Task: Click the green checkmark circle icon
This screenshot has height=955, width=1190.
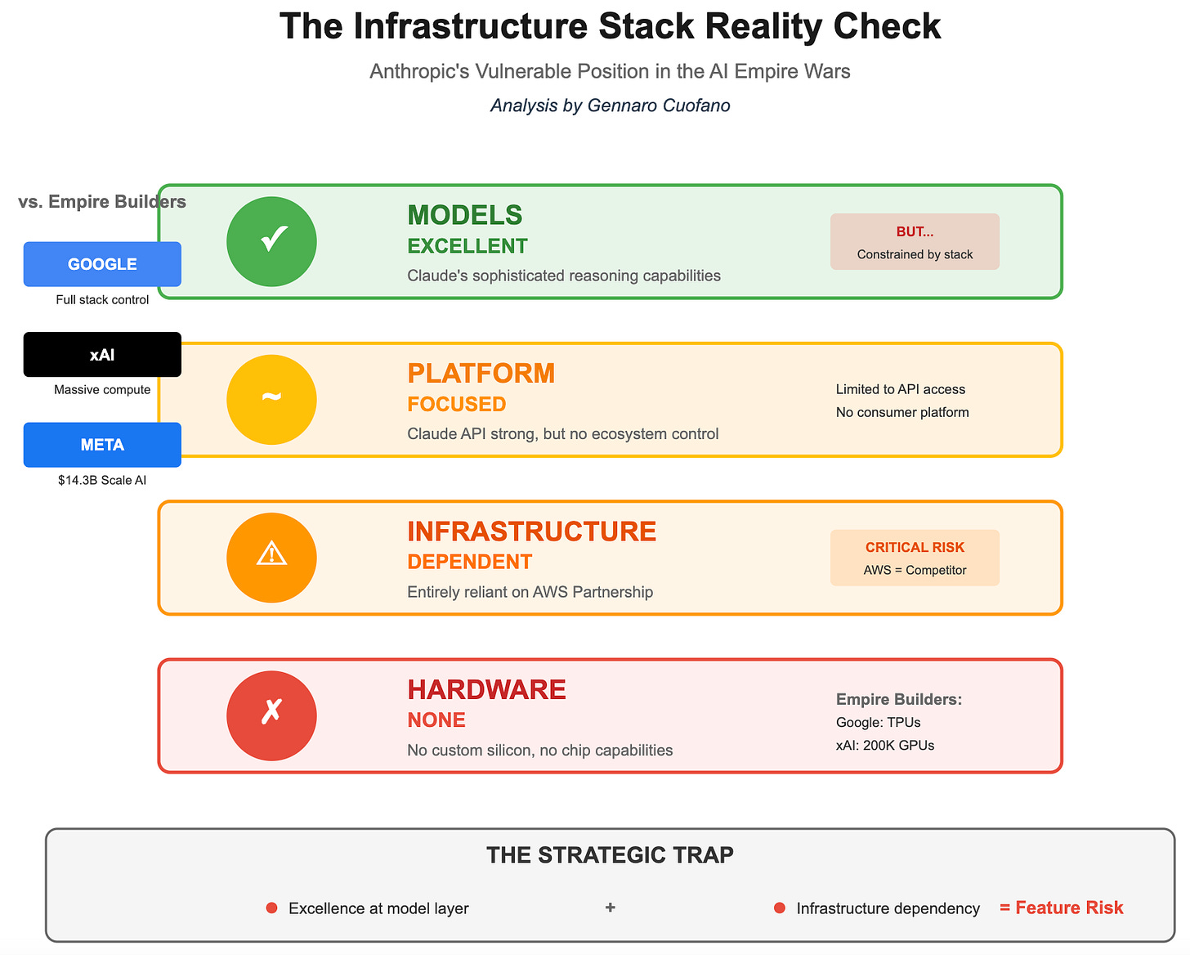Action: [x=271, y=241]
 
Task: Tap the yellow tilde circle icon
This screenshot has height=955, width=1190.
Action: [x=271, y=399]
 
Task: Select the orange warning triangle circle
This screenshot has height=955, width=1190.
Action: [x=271, y=557]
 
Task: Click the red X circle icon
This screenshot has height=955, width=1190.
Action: [x=271, y=715]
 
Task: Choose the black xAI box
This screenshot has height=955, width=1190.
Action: [x=102, y=354]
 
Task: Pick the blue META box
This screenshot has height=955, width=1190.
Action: [x=102, y=445]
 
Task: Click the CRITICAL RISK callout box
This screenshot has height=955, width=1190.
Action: [x=915, y=558]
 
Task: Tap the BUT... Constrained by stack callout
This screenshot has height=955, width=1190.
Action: [x=915, y=241]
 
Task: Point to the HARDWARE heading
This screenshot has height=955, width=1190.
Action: [x=486, y=689]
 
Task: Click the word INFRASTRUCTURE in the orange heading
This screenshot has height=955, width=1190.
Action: [x=531, y=531]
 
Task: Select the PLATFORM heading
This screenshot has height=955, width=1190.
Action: [x=481, y=373]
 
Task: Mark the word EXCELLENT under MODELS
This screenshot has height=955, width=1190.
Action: [x=467, y=246]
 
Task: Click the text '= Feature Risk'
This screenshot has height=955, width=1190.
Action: [x=1061, y=908]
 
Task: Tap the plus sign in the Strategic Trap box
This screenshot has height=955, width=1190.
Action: [x=610, y=908]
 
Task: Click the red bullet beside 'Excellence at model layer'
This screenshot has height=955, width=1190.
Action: [x=272, y=908]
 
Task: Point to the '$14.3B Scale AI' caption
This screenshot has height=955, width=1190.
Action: [x=102, y=480]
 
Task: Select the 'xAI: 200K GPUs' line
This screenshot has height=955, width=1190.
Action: [x=885, y=745]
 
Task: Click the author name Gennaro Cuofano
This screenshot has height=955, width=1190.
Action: [x=659, y=105]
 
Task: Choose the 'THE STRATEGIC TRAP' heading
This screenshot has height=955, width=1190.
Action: [x=610, y=855]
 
